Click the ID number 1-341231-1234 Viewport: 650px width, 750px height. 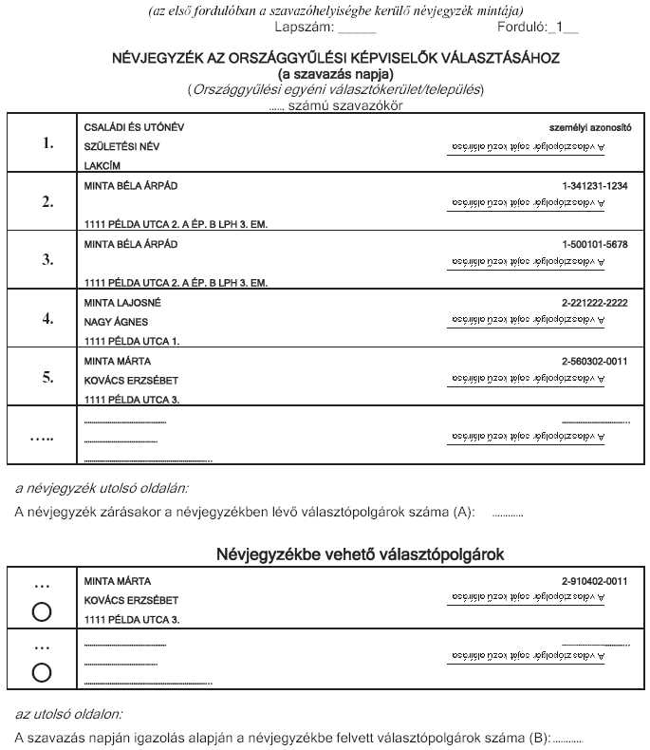(595, 186)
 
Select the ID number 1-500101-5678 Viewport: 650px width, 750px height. (595, 244)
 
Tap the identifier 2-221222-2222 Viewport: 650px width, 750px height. (595, 303)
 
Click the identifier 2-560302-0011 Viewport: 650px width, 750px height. (595, 361)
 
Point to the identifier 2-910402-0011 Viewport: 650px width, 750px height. (595, 580)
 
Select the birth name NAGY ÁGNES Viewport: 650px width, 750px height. (116, 322)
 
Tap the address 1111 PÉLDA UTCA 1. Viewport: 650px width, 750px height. (132, 340)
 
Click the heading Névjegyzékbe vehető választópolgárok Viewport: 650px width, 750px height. (359, 553)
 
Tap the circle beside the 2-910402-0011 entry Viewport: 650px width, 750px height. (42, 612)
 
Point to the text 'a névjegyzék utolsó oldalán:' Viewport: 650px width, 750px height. (102, 489)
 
